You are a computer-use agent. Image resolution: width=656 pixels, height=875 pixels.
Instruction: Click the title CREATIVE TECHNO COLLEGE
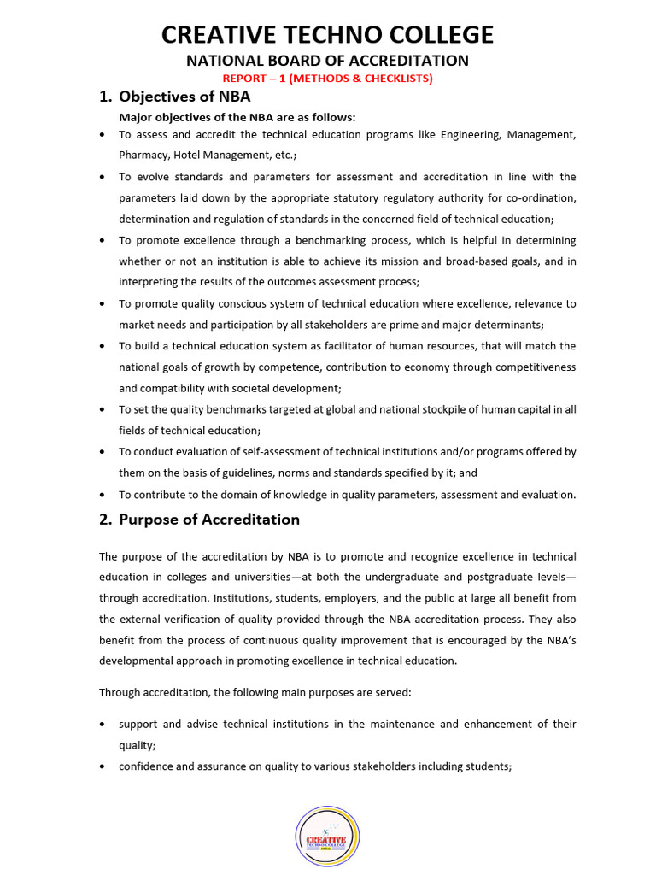[x=328, y=35]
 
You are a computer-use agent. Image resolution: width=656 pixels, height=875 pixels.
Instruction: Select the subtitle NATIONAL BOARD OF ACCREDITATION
[x=328, y=61]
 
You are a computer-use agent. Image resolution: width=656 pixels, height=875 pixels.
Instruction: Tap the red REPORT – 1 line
[x=328, y=79]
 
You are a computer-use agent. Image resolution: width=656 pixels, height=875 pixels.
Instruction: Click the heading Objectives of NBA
[x=184, y=97]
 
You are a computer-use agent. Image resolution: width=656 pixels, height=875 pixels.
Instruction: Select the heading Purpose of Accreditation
[x=208, y=520]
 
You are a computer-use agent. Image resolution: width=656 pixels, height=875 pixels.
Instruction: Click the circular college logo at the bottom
[x=327, y=837]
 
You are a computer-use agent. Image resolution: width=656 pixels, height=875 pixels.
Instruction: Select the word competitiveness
[x=532, y=367]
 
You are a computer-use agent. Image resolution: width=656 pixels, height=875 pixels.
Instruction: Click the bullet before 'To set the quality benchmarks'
[x=103, y=410]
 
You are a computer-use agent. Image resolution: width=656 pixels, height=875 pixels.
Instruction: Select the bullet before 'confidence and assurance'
[x=103, y=766]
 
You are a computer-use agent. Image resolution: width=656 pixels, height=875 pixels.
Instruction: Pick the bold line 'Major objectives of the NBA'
[x=237, y=117]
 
